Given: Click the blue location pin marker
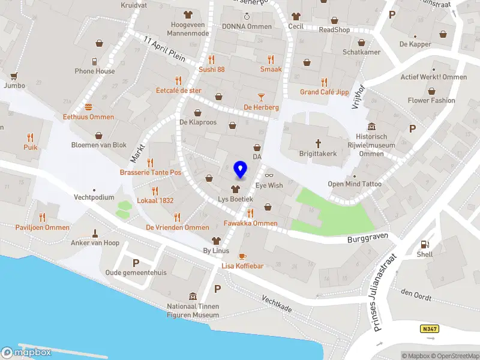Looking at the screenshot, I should (241, 170).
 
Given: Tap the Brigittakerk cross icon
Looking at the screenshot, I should (319, 143).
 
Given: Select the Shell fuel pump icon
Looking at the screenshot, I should (425, 244).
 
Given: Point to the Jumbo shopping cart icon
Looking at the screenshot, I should (13, 76).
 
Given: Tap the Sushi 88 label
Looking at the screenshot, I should (212, 70).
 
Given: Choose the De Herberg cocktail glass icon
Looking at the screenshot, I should (261, 97).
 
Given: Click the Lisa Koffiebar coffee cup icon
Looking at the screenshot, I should (242, 256).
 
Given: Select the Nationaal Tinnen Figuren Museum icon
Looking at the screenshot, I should (193, 296).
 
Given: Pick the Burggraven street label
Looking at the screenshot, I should (365, 239).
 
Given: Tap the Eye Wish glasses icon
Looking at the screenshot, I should (268, 175).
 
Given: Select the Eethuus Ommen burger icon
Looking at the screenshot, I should (89, 107).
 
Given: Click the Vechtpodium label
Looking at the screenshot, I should (94, 197).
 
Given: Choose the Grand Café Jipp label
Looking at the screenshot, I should (325, 92).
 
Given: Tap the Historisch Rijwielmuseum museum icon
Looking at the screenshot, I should (371, 127).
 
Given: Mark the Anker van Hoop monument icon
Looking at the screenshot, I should (95, 233).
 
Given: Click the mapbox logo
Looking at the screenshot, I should (27, 352).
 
